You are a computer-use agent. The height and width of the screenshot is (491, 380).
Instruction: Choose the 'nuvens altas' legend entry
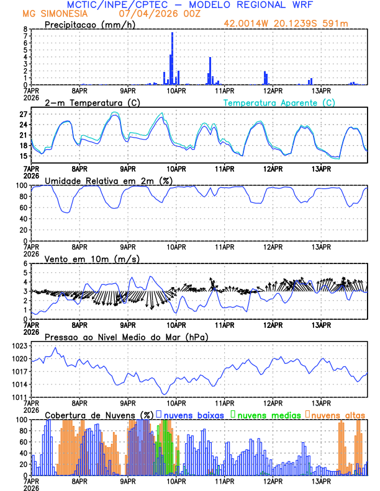tap(337, 414)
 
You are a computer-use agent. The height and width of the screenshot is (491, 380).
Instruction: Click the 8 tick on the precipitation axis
tap(25, 29)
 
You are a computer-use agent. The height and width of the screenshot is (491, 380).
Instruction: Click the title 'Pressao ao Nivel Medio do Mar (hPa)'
tap(126, 337)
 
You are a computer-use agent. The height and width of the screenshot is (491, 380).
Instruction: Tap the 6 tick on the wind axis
tap(25, 263)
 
